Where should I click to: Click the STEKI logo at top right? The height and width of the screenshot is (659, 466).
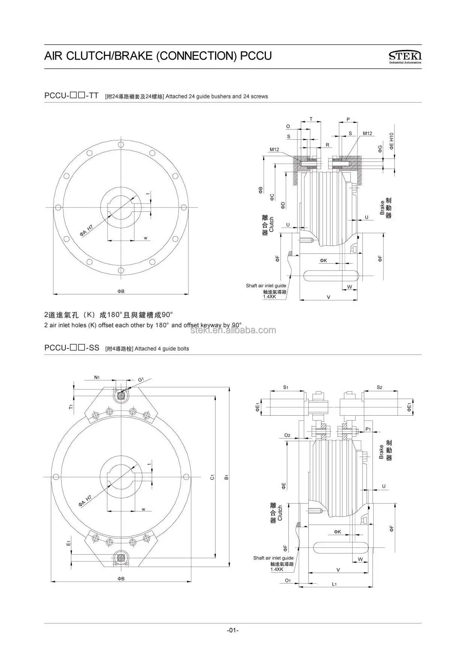click(405, 56)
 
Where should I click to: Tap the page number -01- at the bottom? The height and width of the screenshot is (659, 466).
click(233, 630)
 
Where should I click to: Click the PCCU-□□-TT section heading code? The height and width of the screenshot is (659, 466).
click(71, 96)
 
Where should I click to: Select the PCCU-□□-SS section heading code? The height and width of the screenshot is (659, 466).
click(72, 348)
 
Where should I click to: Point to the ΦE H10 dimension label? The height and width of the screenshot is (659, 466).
click(391, 141)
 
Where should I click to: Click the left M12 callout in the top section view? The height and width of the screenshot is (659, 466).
click(274, 149)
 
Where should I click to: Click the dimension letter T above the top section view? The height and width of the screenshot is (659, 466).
click(311, 119)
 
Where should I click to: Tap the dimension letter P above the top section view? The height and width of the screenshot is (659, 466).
click(348, 119)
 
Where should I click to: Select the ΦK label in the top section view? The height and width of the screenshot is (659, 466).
click(323, 260)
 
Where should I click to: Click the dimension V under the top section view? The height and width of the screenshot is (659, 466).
click(329, 297)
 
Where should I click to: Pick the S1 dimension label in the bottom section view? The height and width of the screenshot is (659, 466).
click(285, 387)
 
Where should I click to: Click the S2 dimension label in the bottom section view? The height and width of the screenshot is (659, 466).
click(379, 387)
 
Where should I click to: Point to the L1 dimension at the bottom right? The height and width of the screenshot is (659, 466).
click(334, 584)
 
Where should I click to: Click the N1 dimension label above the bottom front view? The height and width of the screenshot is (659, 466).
click(97, 377)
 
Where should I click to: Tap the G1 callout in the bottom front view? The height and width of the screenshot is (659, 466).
click(141, 380)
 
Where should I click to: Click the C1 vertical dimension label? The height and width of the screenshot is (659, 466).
click(212, 477)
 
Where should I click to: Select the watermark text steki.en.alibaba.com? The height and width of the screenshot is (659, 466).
click(233, 330)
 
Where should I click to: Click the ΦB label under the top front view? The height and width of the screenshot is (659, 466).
click(121, 291)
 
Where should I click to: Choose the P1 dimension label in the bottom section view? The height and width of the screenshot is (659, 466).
click(368, 429)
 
